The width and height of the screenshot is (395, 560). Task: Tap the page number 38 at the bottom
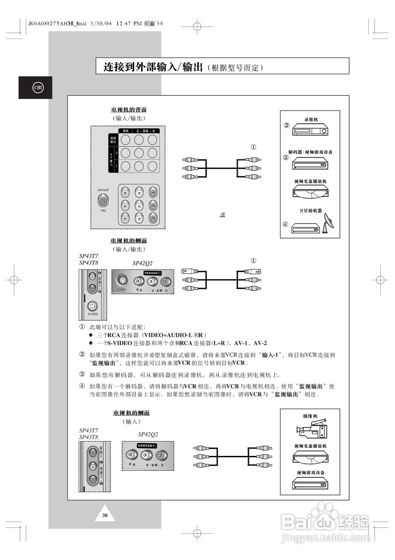point(105,515)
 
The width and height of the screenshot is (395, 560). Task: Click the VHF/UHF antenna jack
point(103,201)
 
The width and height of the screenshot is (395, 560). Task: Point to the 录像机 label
point(311,119)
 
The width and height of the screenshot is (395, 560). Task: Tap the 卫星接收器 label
point(310,210)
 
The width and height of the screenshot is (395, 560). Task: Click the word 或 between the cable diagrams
point(222,215)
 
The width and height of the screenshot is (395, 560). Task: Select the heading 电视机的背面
point(128,109)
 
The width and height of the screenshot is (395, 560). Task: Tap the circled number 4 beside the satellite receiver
point(285,224)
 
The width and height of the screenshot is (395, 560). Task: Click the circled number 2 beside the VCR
point(287,125)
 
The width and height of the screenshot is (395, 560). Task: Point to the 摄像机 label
point(310,416)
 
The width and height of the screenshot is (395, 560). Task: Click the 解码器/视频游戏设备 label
point(308,152)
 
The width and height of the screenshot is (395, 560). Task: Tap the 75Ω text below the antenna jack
point(103,211)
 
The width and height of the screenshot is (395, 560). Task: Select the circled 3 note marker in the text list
point(82,374)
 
